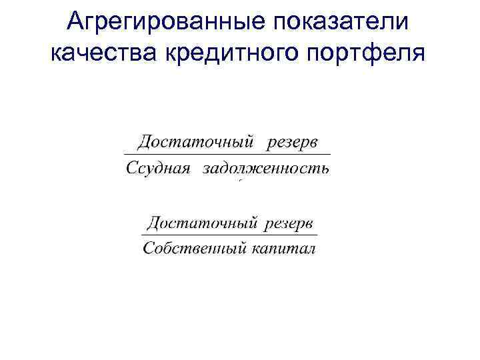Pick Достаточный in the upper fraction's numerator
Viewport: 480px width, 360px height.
(x=196, y=143)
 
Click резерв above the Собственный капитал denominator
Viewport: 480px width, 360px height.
(x=289, y=222)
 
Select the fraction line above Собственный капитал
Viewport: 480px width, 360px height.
(x=229, y=235)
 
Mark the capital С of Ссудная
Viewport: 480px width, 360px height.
(x=131, y=168)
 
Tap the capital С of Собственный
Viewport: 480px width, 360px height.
(x=149, y=249)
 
